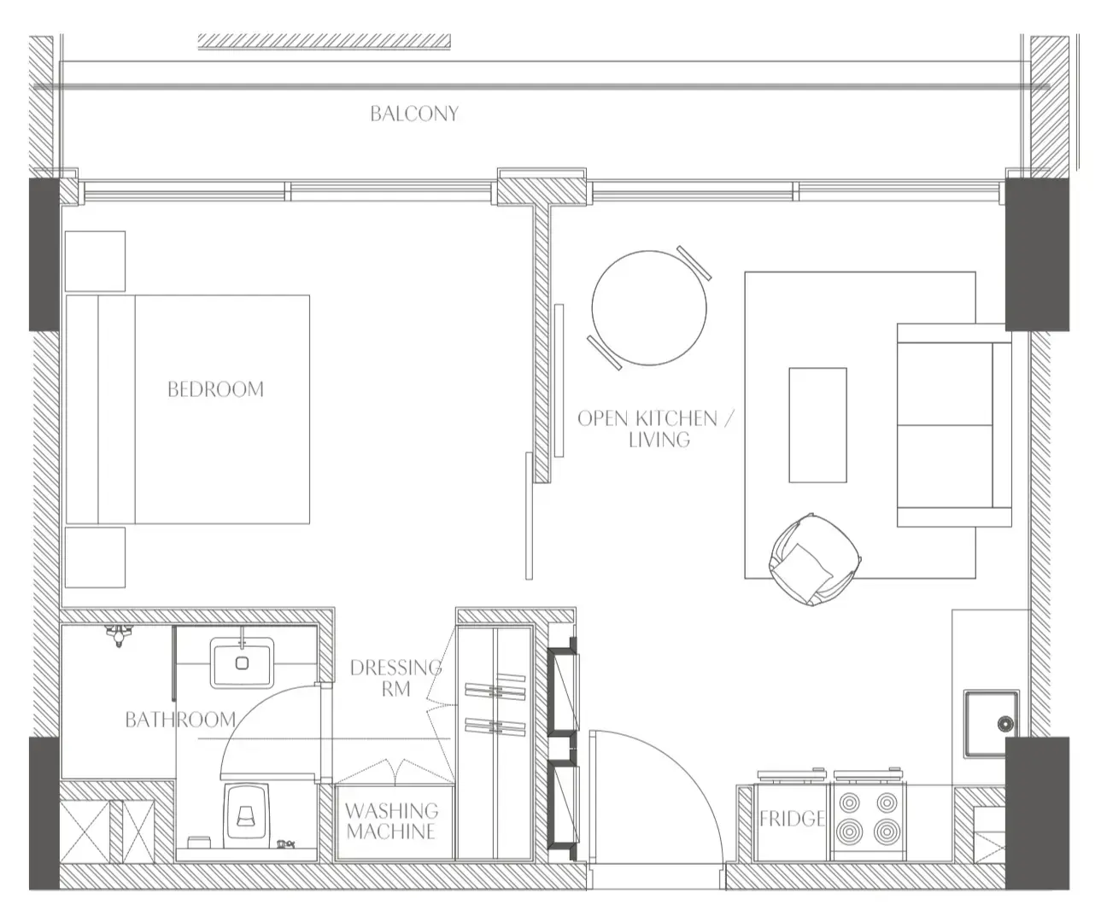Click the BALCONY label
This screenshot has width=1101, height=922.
[x=413, y=114]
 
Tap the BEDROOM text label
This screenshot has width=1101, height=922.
[x=215, y=389]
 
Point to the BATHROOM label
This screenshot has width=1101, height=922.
[x=180, y=720]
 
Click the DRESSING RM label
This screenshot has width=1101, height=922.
[x=395, y=677]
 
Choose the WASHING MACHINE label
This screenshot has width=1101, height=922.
[x=391, y=820]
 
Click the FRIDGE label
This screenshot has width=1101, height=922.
[x=792, y=819]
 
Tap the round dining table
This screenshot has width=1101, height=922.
[x=649, y=307]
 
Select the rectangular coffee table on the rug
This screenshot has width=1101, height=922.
[x=817, y=425]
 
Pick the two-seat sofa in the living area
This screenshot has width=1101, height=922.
[x=952, y=424]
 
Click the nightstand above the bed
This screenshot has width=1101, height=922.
[x=95, y=261]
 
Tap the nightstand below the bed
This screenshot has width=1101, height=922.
[x=95, y=557]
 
